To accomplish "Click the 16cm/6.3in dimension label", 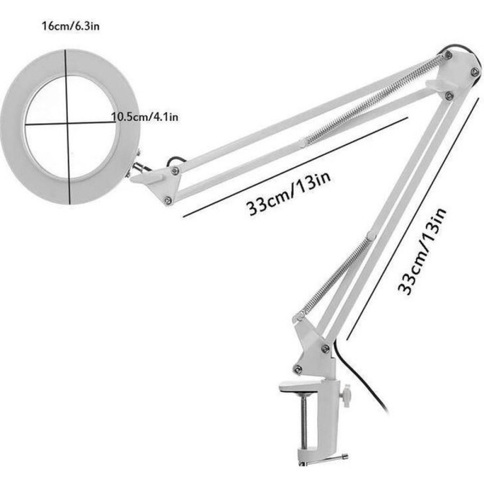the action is (71, 26).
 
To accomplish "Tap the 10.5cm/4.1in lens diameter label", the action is (144, 117).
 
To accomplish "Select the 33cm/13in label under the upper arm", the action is (288, 194).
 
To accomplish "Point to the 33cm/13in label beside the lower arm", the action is (422, 252).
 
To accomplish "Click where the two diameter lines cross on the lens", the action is (67, 124).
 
